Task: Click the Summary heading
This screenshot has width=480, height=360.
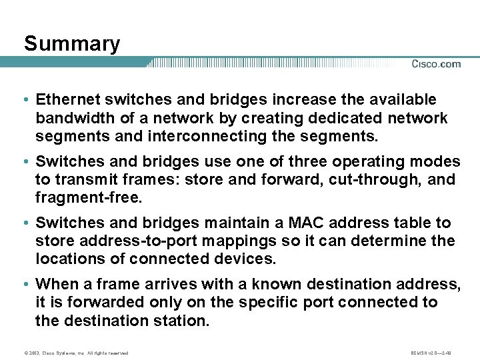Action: [72, 44]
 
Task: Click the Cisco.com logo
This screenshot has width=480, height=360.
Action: [436, 64]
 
